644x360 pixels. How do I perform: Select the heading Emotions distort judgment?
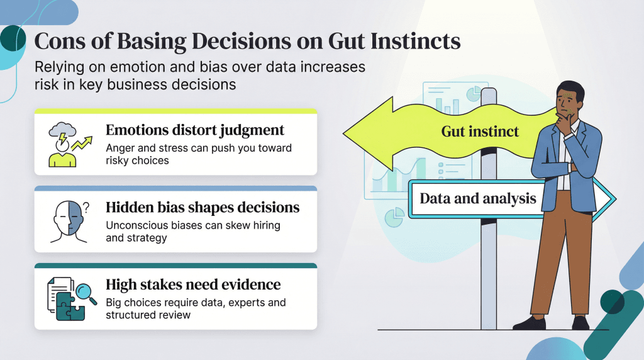(195, 130)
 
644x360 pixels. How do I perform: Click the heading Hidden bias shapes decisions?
(203, 207)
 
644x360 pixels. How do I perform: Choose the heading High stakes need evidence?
(193, 284)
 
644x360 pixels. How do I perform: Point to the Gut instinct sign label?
(480, 132)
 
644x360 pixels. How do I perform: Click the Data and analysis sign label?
(478, 199)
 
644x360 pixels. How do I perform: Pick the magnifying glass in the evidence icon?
(84, 290)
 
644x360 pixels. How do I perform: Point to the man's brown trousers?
(553, 252)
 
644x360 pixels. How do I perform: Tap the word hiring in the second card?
(264, 225)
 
